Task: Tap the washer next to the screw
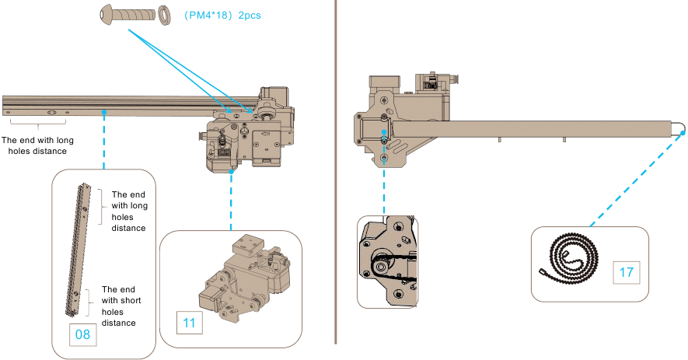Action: pos(164,15)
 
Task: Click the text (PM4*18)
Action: pos(208,16)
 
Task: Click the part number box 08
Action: pos(81,335)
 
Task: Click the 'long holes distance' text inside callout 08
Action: pos(129,211)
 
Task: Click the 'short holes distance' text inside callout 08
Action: pos(119,306)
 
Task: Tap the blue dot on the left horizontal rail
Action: pos(103,112)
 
